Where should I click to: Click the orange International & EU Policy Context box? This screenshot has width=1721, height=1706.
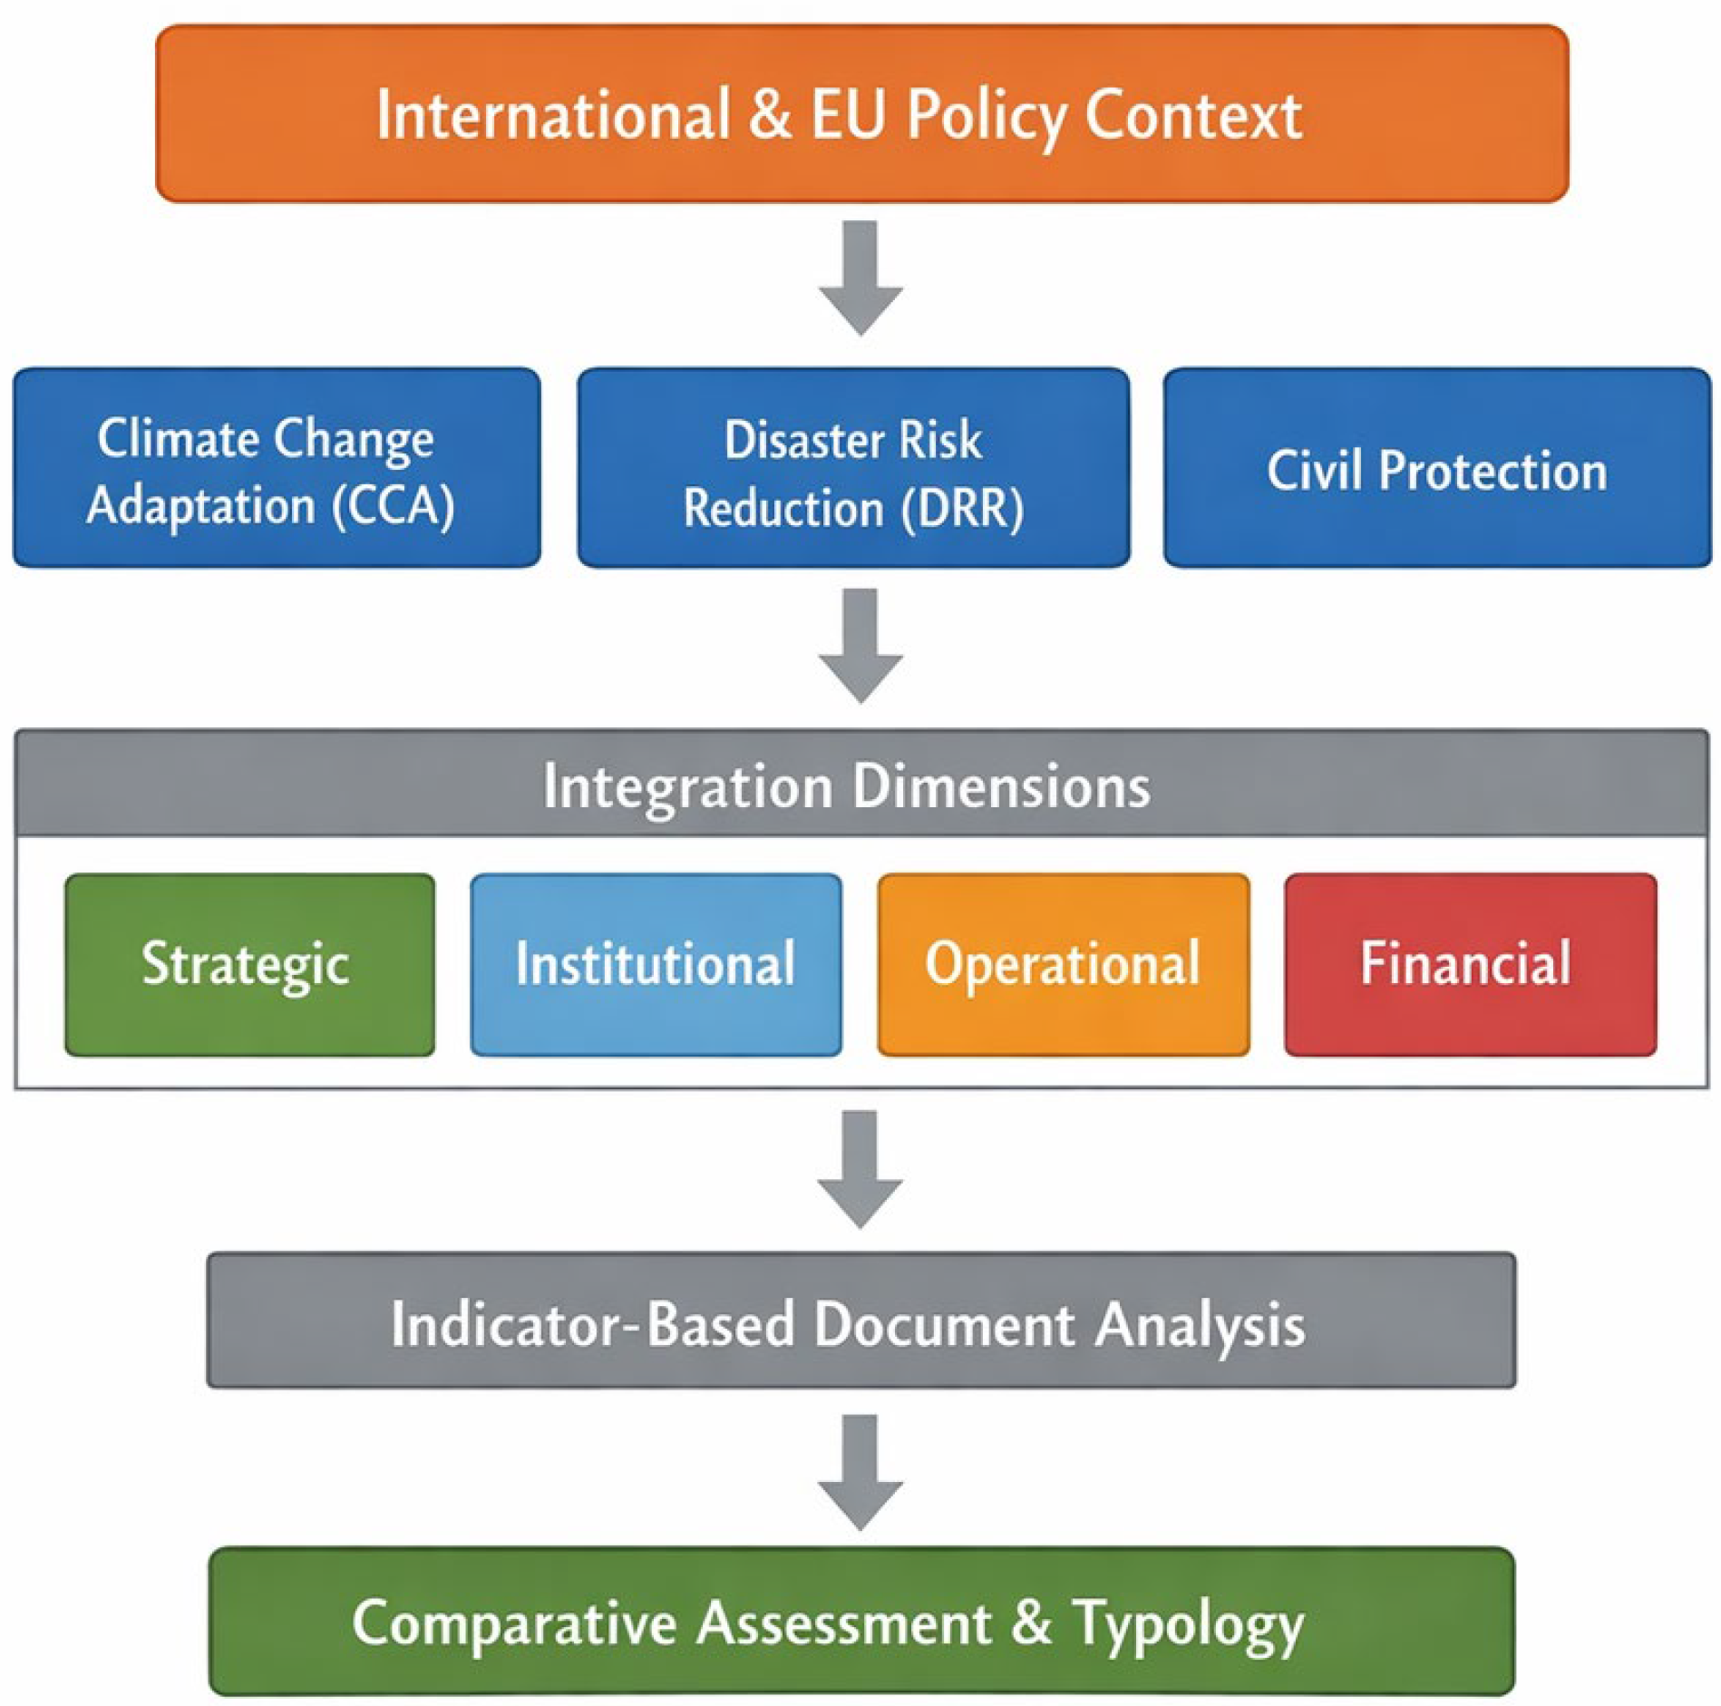click(861, 113)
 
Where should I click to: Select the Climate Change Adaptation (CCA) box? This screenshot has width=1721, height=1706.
click(277, 467)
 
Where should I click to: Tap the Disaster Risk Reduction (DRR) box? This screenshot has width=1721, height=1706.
click(853, 467)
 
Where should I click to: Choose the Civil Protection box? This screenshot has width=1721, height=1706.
click(1437, 467)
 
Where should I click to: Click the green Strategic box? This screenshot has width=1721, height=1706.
click(249, 964)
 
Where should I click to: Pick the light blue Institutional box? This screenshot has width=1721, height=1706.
click(656, 964)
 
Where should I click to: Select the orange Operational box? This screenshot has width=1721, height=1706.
click(1063, 964)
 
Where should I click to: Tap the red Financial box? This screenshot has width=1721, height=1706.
click(1470, 964)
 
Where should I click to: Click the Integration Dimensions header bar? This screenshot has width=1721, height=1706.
click(861, 783)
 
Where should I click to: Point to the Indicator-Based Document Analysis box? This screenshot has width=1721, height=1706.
click(861, 1321)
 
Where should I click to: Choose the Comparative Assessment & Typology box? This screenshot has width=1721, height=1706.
click(861, 1621)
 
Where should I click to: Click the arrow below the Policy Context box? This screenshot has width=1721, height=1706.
click(860, 278)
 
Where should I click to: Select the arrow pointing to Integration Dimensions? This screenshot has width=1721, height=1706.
click(860, 646)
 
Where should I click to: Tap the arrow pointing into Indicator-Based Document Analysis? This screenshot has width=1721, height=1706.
click(860, 1169)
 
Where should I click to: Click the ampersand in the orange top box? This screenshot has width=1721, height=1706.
click(770, 115)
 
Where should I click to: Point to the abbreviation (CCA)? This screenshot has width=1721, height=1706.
click(393, 505)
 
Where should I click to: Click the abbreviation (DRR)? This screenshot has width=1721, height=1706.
click(962, 507)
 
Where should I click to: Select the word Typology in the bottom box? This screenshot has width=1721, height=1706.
click(1188, 1624)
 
